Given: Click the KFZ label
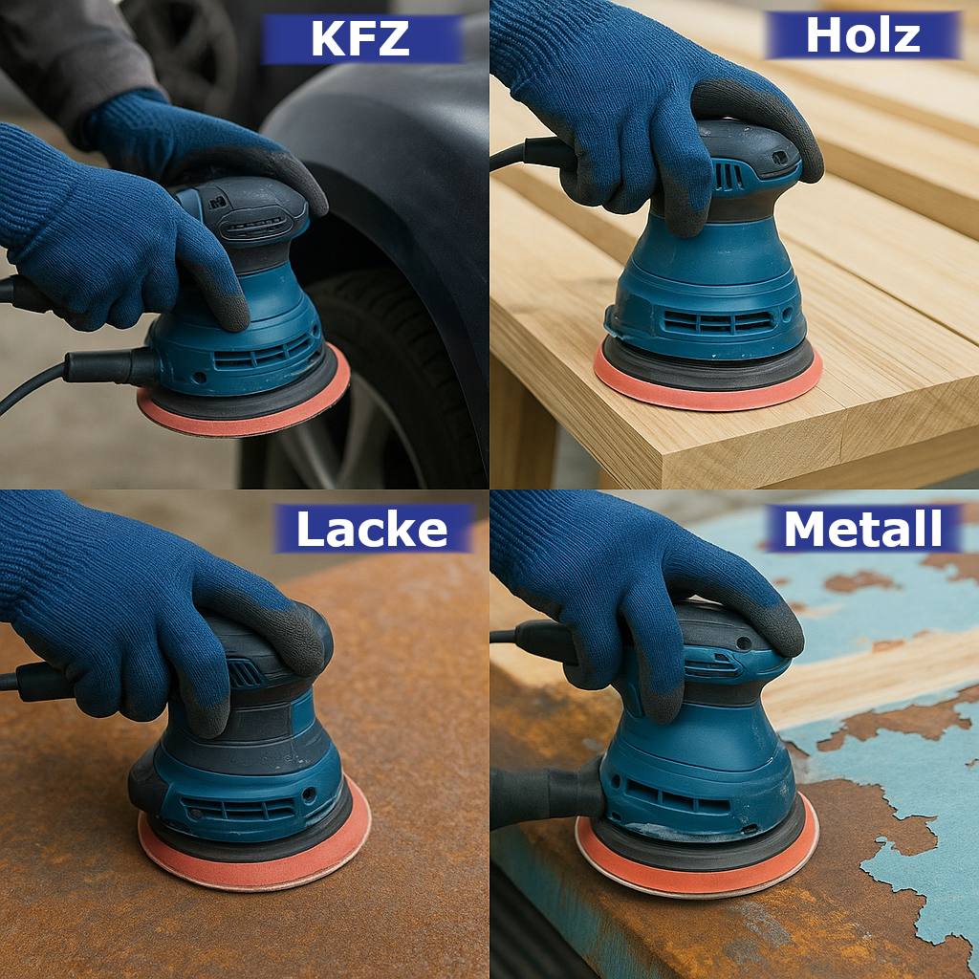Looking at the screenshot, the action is click(362, 38).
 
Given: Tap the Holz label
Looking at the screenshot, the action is click(863, 35).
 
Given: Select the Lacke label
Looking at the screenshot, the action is click(373, 528).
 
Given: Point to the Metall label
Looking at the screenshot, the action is click(863, 528).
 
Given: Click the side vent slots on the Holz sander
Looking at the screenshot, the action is click(718, 322).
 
